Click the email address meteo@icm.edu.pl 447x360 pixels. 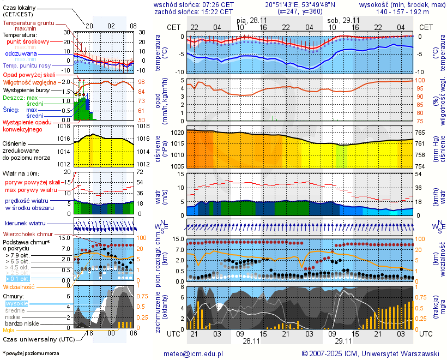click(194, 353)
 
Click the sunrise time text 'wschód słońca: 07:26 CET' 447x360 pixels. click(194, 4)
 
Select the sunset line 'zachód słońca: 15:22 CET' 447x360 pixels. click(194, 11)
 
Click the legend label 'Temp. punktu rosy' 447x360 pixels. click(28, 65)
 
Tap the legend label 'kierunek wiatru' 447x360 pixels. click(25, 224)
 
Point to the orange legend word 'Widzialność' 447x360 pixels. click(20, 286)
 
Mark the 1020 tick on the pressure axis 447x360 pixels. click(176, 133)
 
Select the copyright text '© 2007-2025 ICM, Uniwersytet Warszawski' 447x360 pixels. click(371, 353)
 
